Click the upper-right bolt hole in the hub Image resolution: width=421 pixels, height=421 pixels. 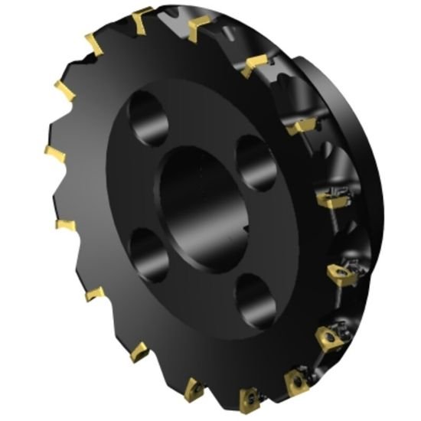point(252,160)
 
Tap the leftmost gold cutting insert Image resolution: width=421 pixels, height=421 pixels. point(54,155)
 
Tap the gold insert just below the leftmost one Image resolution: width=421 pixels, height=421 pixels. point(66,225)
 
